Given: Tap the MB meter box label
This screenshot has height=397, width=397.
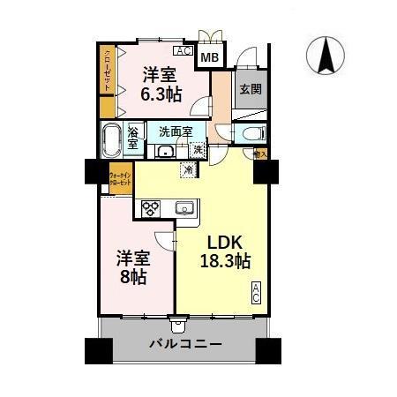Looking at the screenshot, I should [x=209, y=58].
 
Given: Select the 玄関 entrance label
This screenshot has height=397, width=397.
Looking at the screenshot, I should [x=250, y=88].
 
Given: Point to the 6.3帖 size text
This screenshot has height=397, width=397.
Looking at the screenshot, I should [x=163, y=94].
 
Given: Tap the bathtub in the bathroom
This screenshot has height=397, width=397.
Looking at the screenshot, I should [x=112, y=140].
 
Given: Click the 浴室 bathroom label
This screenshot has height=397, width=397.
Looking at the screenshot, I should [x=133, y=139].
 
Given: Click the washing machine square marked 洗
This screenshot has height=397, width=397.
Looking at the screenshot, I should [x=198, y=150].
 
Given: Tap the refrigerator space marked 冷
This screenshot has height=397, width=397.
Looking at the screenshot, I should [x=188, y=170].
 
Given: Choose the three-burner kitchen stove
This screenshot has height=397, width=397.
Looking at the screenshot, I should [x=149, y=209].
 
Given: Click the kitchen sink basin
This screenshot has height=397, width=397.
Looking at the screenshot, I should [x=184, y=208].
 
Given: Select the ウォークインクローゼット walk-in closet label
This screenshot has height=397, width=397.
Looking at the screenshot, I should [x=120, y=176].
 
